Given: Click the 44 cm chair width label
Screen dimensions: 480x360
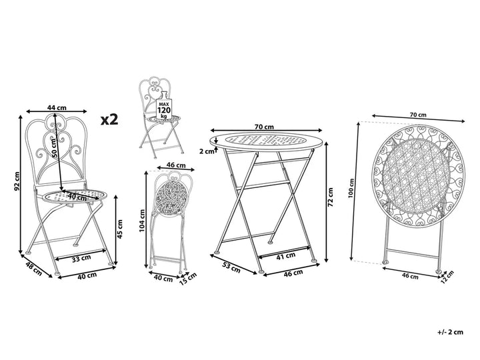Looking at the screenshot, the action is pyautogui.click(x=57, y=107).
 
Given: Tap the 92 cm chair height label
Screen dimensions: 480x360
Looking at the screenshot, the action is pyautogui.click(x=17, y=181).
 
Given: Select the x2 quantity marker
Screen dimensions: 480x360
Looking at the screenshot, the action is pyautogui.click(x=109, y=119).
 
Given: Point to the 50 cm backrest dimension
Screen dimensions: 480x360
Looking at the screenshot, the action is pyautogui.click(x=55, y=148).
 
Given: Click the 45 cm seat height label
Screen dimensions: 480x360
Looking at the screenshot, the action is pyautogui.click(x=120, y=229).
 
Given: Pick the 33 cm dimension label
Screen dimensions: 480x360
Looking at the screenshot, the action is pyautogui.click(x=81, y=259).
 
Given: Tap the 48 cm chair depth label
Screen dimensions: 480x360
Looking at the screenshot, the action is pyautogui.click(x=33, y=269).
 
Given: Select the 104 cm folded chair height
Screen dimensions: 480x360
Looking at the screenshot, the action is pyautogui.click(x=142, y=221).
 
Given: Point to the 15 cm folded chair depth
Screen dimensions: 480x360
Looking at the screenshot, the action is pyautogui.click(x=187, y=279).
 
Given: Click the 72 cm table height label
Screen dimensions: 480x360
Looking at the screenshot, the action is pyautogui.click(x=330, y=197).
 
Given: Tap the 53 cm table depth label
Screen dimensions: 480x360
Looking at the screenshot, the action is pyautogui.click(x=231, y=267).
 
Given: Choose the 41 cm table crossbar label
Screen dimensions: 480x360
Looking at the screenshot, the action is pyautogui.click(x=285, y=256).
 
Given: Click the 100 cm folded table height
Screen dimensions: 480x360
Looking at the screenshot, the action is pyautogui.click(x=351, y=188).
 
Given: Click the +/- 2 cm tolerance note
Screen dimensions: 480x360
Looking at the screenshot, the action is pyautogui.click(x=450, y=332).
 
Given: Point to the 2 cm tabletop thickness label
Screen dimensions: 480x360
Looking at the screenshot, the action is pyautogui.click(x=207, y=151).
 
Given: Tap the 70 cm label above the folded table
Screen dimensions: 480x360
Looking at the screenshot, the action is pyautogui.click(x=418, y=115).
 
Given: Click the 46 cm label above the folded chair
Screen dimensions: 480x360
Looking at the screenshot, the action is pyautogui.click(x=176, y=165).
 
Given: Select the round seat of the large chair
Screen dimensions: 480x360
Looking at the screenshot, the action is pyautogui.click(x=74, y=195).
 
